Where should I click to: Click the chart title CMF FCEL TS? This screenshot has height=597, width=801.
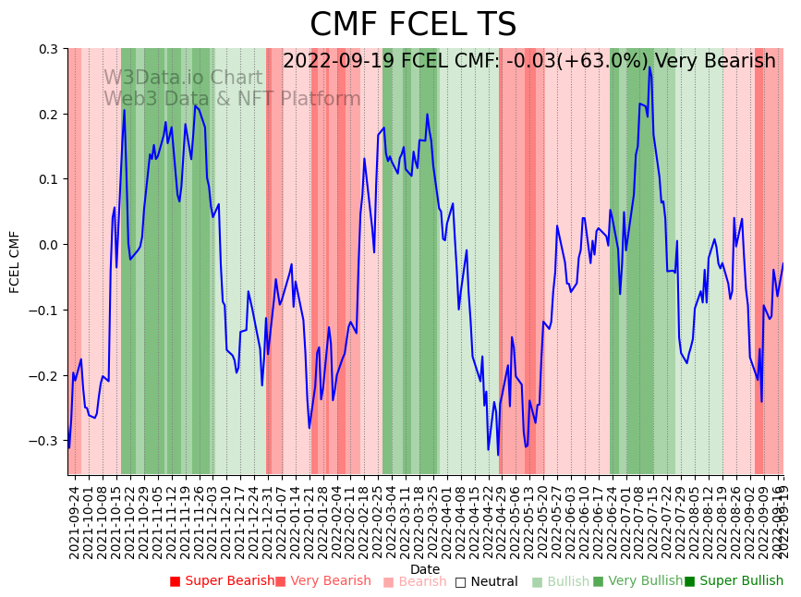(x=413, y=25)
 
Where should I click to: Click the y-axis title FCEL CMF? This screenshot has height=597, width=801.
(x=15, y=262)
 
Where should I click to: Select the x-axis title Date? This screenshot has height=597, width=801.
(x=425, y=569)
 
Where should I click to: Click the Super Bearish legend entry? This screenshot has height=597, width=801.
(x=222, y=581)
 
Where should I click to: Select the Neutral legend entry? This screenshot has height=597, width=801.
(x=486, y=582)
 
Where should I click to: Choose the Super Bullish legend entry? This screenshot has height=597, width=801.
(x=734, y=581)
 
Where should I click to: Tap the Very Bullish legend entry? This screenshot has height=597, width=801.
(x=637, y=581)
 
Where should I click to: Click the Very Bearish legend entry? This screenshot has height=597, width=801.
(x=322, y=581)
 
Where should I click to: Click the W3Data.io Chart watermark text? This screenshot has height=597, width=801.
(x=182, y=78)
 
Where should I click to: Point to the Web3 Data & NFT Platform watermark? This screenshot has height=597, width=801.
(x=232, y=99)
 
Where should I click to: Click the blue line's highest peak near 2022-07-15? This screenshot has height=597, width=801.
(x=649, y=67)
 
